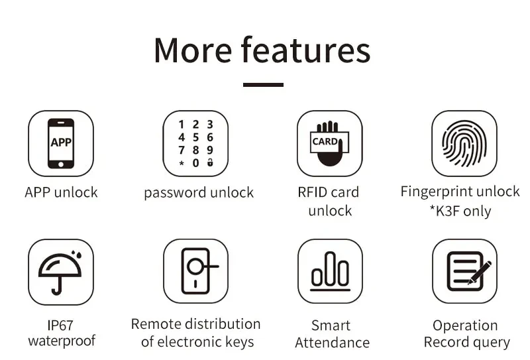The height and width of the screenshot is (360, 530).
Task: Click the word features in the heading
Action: point(305,50)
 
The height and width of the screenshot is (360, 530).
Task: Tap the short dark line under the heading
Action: point(263,85)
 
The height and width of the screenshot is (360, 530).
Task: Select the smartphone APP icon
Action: point(61,143)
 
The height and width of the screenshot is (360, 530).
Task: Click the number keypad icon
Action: point(196,143)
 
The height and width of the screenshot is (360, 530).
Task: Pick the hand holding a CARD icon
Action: point(329,143)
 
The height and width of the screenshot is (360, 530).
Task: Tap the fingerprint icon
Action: point(464,143)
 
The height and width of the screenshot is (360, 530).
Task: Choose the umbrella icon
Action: point(60,272)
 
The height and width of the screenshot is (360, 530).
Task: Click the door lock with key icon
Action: point(196,272)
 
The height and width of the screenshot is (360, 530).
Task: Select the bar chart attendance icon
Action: point(330,272)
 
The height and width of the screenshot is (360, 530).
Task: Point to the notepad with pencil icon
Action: point(464,272)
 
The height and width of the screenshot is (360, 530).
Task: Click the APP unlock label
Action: point(61,193)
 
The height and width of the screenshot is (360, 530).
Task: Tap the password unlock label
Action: point(199,193)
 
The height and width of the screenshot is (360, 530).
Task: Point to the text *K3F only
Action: point(460,211)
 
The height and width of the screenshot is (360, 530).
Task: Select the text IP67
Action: point(60,326)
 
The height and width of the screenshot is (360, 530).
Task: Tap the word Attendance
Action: point(332,343)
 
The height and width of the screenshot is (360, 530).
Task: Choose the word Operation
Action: point(465,326)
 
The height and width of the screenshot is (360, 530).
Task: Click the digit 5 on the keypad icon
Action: point(195,137)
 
